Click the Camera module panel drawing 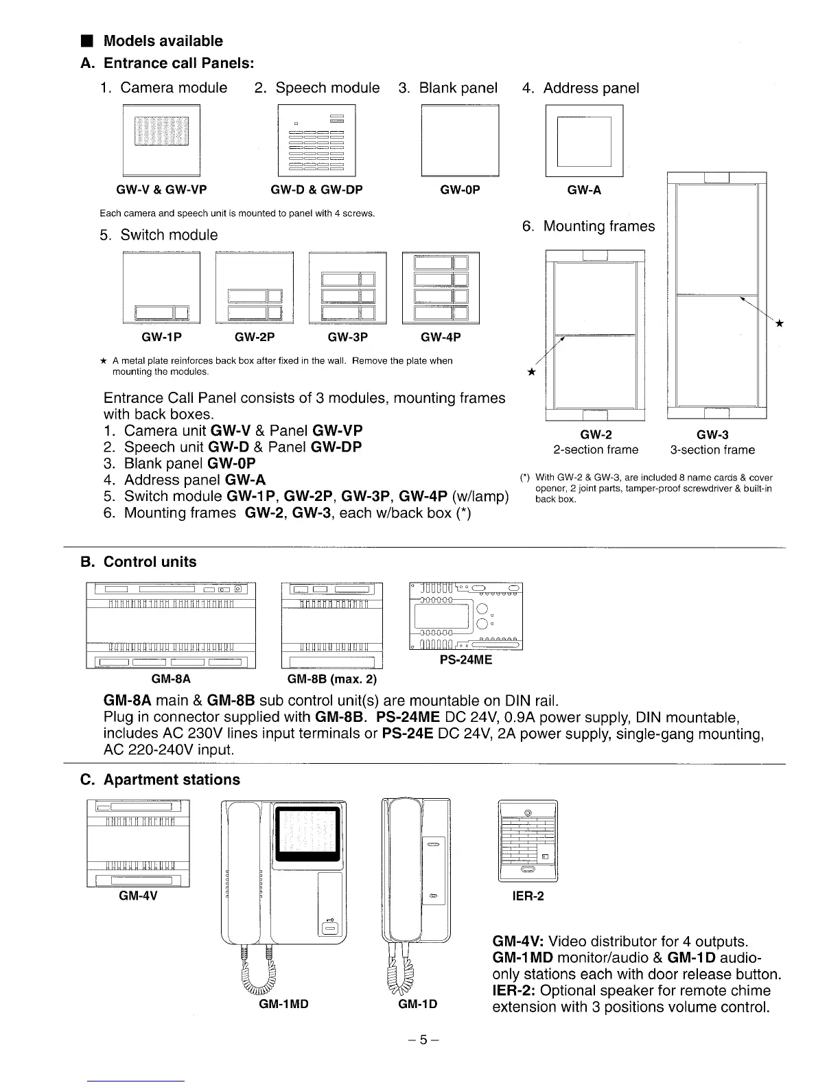[x=161, y=141]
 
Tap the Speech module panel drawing [x=316, y=141]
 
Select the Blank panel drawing [x=459, y=141]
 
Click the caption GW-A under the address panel [x=584, y=190]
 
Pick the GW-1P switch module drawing [x=161, y=288]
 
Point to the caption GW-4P [x=441, y=337]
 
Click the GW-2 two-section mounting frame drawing [x=595, y=336]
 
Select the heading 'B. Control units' [x=139, y=562]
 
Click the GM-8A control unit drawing [x=171, y=624]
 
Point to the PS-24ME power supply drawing [x=465, y=616]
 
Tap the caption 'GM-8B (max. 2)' [x=332, y=679]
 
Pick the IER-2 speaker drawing [x=528, y=841]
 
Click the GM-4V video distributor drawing [x=138, y=843]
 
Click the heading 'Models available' [x=163, y=41]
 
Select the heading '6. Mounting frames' [x=588, y=226]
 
